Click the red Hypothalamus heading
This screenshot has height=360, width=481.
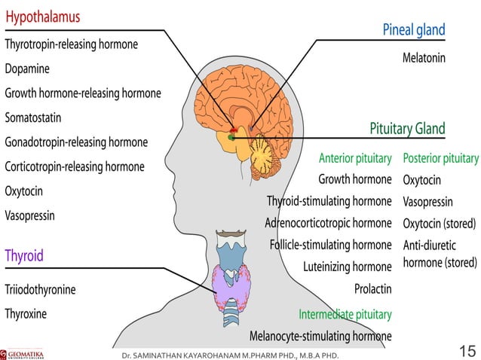[x=42, y=17]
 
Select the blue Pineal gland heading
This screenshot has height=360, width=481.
[x=414, y=30]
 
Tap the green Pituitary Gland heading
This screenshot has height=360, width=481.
[x=407, y=128]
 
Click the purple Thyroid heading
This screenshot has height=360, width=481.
[x=24, y=255]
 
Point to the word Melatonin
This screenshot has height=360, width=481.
[x=424, y=57]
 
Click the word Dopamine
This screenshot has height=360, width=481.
[x=27, y=69]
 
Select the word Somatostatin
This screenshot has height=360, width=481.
[x=33, y=118]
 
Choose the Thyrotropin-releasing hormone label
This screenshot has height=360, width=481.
[x=71, y=44]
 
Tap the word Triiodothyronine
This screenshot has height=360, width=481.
[x=40, y=289]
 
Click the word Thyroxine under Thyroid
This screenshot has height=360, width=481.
[x=26, y=313]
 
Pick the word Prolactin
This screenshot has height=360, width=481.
[x=372, y=288]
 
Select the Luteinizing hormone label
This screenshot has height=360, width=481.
[x=347, y=267]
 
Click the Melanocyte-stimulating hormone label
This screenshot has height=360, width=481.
[x=320, y=335]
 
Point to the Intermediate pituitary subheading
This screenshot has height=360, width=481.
[x=345, y=313]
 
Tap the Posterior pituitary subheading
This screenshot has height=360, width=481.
[x=441, y=158]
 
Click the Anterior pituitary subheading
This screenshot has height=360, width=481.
[x=355, y=158]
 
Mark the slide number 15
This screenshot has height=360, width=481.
[x=467, y=350]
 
